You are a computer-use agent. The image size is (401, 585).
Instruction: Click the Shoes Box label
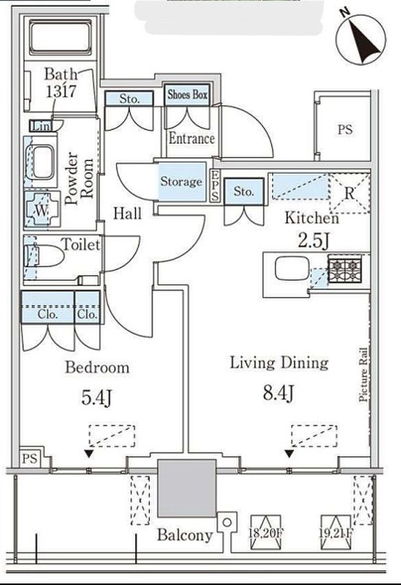click(187, 95)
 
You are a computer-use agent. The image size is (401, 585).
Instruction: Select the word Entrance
click(191, 139)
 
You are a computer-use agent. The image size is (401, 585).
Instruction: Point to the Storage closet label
click(182, 182)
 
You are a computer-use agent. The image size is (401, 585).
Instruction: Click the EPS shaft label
click(215, 185)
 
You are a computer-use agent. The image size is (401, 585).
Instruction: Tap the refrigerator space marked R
click(349, 193)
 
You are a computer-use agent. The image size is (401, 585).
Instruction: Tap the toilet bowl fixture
click(44, 256)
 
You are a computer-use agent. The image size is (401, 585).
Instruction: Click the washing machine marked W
click(42, 210)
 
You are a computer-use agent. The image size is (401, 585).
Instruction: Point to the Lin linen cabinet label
click(41, 126)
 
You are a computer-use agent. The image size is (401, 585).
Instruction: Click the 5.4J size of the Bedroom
click(97, 397)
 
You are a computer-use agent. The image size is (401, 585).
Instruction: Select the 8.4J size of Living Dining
click(279, 393)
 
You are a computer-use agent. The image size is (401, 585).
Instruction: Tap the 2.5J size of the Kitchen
click(313, 241)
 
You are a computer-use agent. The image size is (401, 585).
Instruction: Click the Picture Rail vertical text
click(364, 375)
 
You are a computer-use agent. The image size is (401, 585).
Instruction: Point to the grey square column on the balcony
click(187, 488)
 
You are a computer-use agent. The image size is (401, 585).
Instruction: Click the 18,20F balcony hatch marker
click(265, 533)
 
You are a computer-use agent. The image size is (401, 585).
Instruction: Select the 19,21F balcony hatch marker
click(336, 533)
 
